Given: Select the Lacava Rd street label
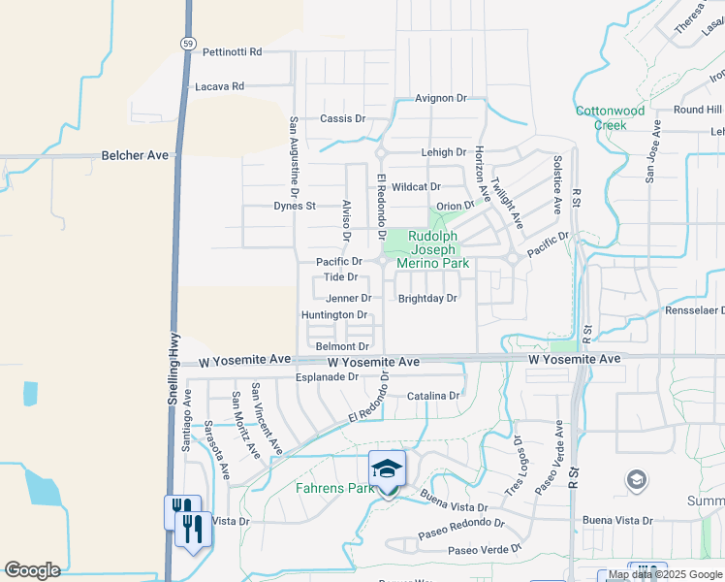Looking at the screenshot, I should tap(219, 86).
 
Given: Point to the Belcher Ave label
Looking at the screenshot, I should tap(135, 155).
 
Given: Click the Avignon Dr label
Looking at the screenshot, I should tap(441, 99).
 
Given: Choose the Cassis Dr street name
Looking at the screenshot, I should tap(342, 118).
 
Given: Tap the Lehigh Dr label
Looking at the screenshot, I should tap(444, 153).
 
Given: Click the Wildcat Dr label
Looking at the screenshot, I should tap(417, 186).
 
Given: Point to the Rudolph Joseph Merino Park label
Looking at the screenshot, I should tap(438, 249).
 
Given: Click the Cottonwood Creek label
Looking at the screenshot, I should tap(610, 117).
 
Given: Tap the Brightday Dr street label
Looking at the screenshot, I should tap(427, 299).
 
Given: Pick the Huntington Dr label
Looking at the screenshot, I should tap(334, 315).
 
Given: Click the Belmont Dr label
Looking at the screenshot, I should tap(342, 346).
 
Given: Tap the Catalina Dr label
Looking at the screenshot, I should tap(433, 396).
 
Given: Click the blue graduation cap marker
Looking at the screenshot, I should tap(388, 469).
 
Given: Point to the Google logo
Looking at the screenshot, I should tap(32, 570).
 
